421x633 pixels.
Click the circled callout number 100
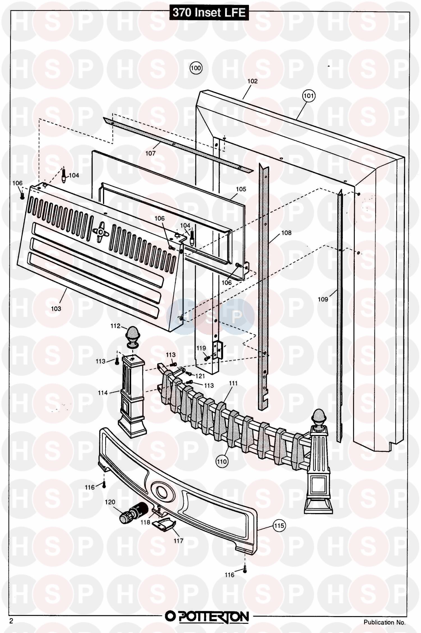click(196, 68)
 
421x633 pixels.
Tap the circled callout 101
click(308, 96)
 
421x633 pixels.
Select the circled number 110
click(222, 461)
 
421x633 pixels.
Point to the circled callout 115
click(279, 525)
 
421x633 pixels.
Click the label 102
click(252, 81)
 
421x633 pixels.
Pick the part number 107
click(150, 153)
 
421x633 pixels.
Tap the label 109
click(323, 299)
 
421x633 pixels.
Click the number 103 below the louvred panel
click(56, 309)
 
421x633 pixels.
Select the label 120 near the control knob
click(110, 502)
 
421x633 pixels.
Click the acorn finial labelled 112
click(132, 337)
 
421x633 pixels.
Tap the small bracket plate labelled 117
click(164, 525)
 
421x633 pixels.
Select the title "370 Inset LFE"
click(209, 13)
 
